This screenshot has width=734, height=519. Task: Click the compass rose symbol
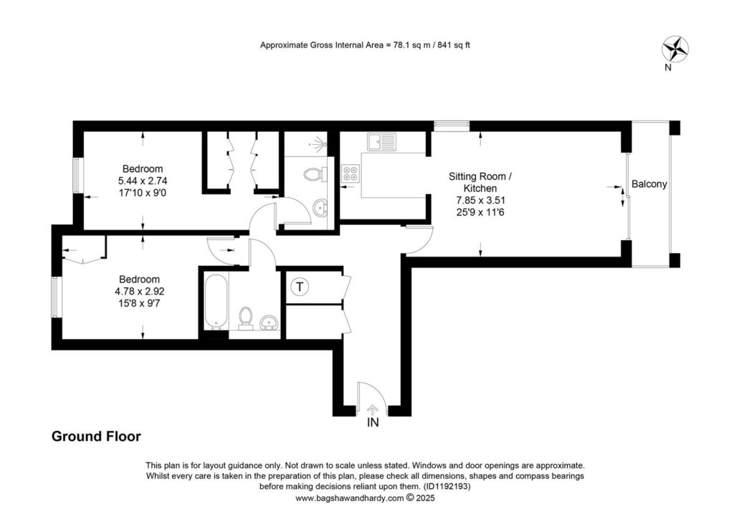[675, 48]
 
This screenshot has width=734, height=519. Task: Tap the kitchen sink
[381, 142]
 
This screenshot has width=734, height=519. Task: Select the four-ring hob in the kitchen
[351, 173]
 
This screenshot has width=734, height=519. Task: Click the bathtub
[216, 303]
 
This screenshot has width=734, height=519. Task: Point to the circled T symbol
[300, 287]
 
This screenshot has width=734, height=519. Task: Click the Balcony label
[649, 184]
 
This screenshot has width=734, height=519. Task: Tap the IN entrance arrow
[373, 411]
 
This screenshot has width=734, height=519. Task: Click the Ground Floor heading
[96, 436]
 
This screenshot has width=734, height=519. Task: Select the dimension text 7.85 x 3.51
[481, 200]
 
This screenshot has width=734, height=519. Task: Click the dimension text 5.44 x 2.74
[143, 181]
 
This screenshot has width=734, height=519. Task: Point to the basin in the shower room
[320, 207]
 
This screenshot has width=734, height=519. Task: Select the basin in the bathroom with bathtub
[269, 323]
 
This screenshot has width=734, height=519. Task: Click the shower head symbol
[319, 143]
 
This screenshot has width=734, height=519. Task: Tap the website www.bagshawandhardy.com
[349, 498]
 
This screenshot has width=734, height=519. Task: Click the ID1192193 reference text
[447, 487]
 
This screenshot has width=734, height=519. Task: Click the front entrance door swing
[373, 399]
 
